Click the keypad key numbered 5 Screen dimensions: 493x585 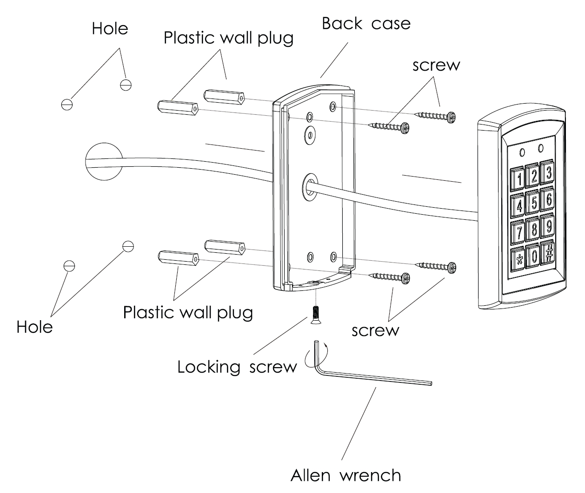click(534, 203)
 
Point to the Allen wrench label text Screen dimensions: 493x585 click(346, 475)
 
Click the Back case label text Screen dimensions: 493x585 click(366, 23)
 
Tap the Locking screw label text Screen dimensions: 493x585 click(237, 367)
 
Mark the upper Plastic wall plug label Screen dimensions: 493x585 click(228, 38)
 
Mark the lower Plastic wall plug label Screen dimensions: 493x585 click(188, 312)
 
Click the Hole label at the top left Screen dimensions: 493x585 click(110, 28)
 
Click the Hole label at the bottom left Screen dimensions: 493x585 click(34, 327)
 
